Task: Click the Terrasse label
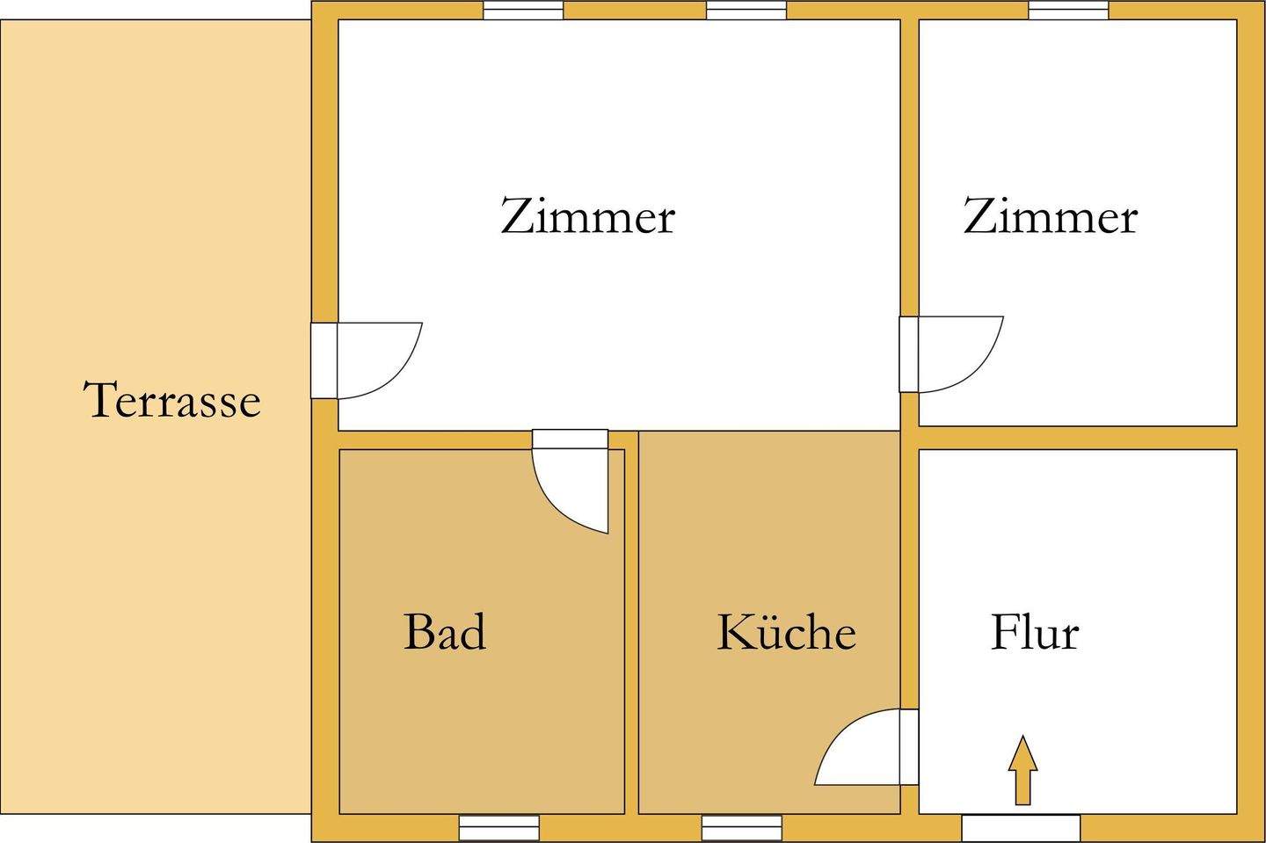[x=172, y=400]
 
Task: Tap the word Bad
[x=444, y=632]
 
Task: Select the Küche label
[x=786, y=632]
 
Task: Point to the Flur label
[x=1034, y=632]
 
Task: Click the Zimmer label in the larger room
[x=587, y=216]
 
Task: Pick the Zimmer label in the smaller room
[x=1050, y=216]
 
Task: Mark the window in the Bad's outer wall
[x=498, y=828]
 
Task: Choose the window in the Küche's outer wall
[x=741, y=828]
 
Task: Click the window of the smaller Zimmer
[x=1068, y=10]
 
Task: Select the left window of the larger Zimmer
[x=523, y=10]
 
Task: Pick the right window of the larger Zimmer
[x=746, y=10]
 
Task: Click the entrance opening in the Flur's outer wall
[x=1020, y=828]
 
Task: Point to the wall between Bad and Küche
[x=631, y=633]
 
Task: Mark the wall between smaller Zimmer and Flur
[x=1078, y=438]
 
